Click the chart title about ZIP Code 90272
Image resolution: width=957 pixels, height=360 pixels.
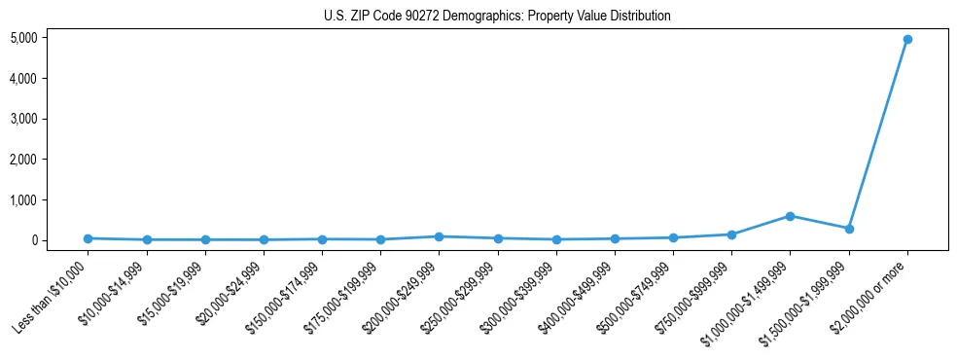pyautogui.click(x=497, y=17)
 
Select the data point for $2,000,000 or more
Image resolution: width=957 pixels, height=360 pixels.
pyautogui.click(x=907, y=39)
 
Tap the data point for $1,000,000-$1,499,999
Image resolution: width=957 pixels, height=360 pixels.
pyautogui.click(x=790, y=216)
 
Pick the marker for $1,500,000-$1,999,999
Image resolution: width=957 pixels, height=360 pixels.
pyautogui.click(x=849, y=229)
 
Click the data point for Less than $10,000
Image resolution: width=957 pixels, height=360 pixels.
pyautogui.click(x=88, y=238)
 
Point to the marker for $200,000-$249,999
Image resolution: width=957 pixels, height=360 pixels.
pyautogui.click(x=439, y=236)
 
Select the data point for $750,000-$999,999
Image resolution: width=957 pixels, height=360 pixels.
pyautogui.click(x=731, y=234)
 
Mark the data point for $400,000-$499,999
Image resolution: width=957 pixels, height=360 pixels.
pyautogui.click(x=615, y=238)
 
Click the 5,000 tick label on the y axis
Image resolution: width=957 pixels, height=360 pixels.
pyautogui.click(x=24, y=38)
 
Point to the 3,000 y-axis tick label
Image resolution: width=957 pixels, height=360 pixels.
pyautogui.click(x=24, y=119)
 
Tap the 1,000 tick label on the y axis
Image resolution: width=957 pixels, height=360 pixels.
pyautogui.click(x=24, y=200)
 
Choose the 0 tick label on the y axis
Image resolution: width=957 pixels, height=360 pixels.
pyautogui.click(x=34, y=240)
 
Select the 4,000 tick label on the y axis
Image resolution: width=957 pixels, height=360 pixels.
pyautogui.click(x=24, y=79)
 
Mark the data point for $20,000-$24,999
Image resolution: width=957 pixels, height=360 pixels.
pyautogui.click(x=264, y=239)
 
